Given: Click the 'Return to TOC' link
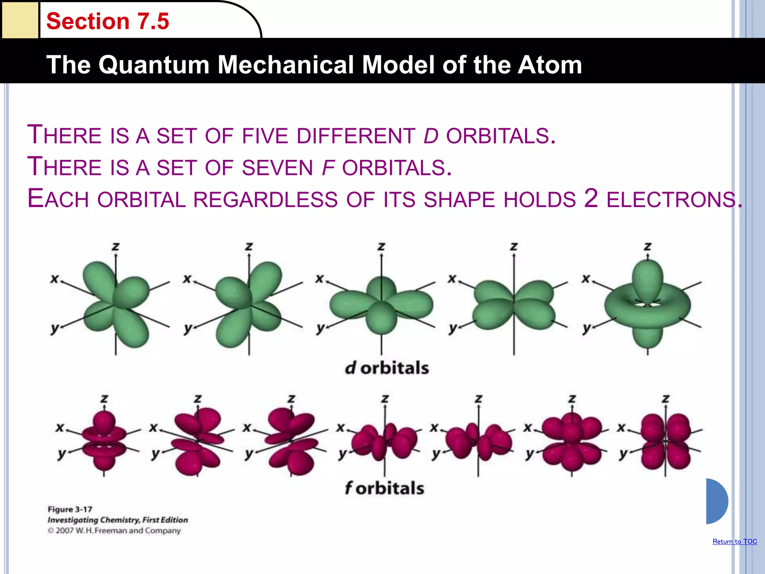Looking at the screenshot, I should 734,541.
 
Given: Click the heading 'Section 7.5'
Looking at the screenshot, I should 108,21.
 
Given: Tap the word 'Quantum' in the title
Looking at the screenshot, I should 154,65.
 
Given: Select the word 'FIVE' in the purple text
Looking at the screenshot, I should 265,136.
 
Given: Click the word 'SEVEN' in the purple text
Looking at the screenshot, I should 277,168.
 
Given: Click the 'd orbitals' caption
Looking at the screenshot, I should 387,368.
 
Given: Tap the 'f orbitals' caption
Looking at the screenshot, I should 384,488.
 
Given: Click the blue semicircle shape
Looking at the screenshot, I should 716,501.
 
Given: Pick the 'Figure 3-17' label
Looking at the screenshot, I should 70,509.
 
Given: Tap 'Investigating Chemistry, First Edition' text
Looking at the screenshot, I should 117,520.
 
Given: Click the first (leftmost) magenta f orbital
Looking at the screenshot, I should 104,441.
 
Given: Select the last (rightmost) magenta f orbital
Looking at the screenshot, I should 665,441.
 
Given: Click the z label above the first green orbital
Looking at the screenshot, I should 115,247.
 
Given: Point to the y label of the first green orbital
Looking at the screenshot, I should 55,328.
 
